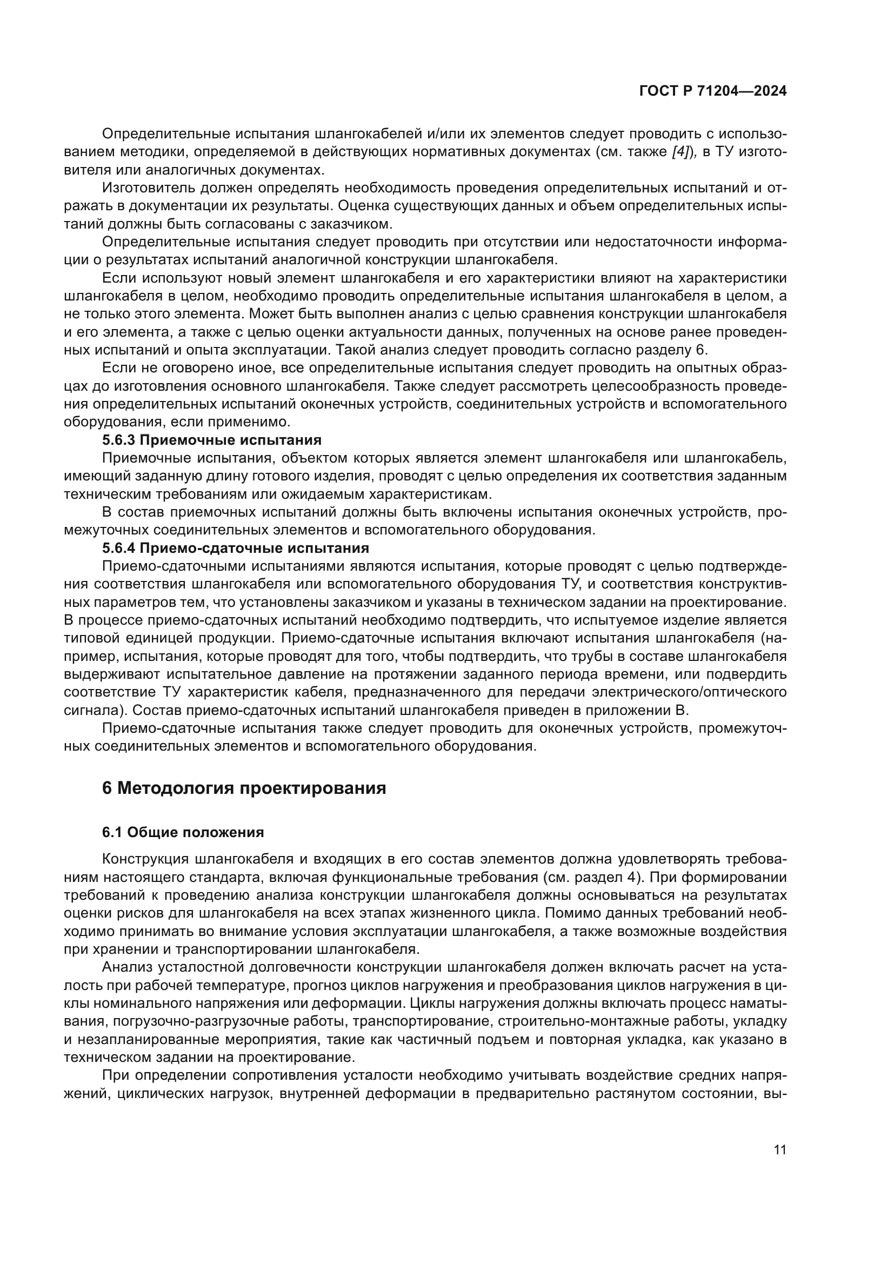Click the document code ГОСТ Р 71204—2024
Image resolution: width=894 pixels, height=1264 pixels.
[712, 91]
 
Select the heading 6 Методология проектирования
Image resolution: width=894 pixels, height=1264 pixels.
[244, 788]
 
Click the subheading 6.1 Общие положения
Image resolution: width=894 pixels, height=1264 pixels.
[183, 832]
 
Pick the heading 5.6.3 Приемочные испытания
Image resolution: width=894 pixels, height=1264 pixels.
[211, 440]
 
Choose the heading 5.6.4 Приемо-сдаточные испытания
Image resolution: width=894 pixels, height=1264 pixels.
[235, 548]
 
